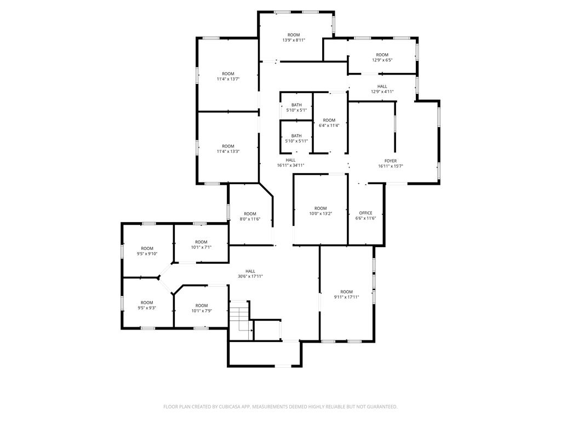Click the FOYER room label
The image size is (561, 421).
click(391, 161)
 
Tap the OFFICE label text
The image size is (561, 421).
click(365, 213)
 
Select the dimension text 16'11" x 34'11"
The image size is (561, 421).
click(290, 166)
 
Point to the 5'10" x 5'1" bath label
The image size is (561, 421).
click(296, 107)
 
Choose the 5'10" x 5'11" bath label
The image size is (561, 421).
click(296, 138)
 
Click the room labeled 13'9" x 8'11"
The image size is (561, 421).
click(294, 37)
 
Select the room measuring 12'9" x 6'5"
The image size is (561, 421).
click(382, 57)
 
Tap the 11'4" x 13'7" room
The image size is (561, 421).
click(228, 76)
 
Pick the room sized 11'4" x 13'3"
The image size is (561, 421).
click(228, 149)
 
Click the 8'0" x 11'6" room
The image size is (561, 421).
click(250, 216)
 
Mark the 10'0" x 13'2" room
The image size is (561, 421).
click(320, 211)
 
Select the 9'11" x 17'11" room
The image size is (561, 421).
click(346, 294)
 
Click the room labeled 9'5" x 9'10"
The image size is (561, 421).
click(147, 251)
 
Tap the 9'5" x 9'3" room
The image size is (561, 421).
click(147, 305)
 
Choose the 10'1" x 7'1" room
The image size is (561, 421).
click(202, 244)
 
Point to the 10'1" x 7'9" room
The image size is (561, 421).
click(202, 308)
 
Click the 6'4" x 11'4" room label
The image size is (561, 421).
click(329, 123)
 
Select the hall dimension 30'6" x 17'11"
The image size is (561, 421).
click(250, 274)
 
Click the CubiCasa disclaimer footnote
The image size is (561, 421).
click(280, 407)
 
